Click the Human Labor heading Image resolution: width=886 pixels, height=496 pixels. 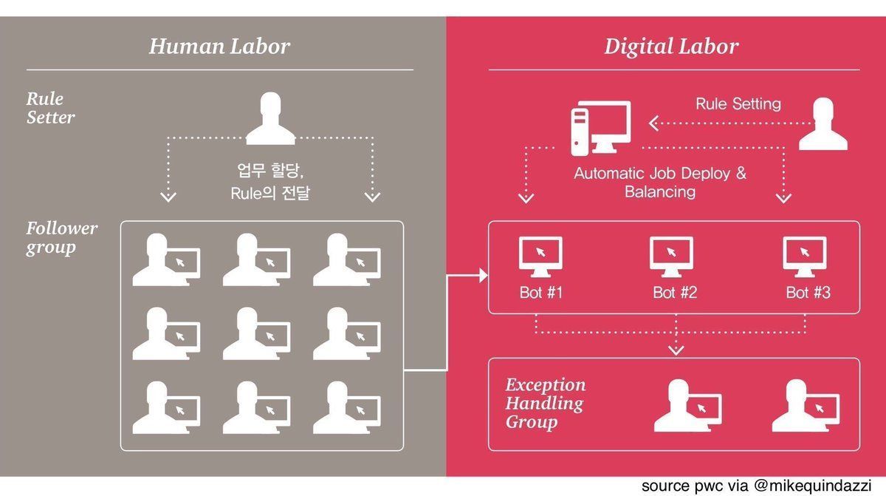tap(219, 47)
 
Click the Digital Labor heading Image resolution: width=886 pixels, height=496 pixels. tap(671, 47)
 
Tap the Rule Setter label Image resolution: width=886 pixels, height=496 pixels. tap(50, 108)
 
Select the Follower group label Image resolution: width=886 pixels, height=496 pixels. tap(62, 237)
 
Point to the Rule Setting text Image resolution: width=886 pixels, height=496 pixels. tap(738, 103)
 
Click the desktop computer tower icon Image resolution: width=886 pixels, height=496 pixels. tap(580, 130)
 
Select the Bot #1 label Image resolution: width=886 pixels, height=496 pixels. tap(541, 293)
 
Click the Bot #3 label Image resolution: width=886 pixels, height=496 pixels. tap(808, 293)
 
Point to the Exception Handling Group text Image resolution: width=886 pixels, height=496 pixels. tap(546, 404)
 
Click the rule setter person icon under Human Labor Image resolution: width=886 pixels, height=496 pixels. tap(270, 118)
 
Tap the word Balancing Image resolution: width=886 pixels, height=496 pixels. tap(660, 192)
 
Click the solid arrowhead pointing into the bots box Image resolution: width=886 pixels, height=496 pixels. tap(484, 276)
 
